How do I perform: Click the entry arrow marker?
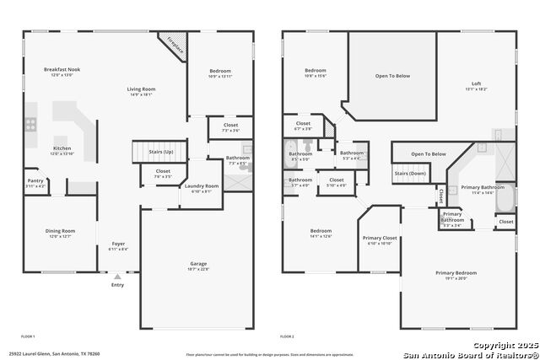pos(117,276)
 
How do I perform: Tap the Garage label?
pos(198,265)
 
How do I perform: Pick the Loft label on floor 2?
pos(477,83)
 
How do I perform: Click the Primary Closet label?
pos(380,239)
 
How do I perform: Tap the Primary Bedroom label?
pos(456,273)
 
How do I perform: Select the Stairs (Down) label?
pos(408,173)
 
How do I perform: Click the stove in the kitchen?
pos(31,123)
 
